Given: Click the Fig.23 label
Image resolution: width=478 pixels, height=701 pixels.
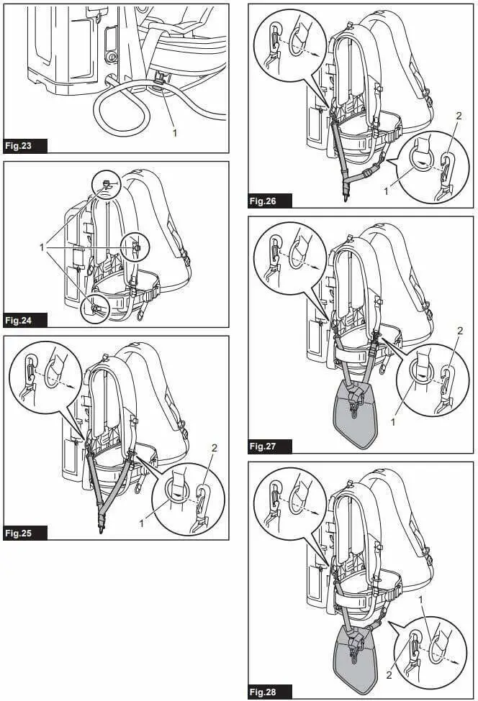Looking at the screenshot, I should coord(25,145).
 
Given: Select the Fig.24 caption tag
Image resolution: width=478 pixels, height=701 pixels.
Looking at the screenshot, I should coord(25,320).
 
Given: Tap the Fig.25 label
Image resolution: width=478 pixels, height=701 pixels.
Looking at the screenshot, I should coord(25,533).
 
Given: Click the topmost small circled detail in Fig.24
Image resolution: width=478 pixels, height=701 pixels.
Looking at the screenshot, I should coord(105,185).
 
